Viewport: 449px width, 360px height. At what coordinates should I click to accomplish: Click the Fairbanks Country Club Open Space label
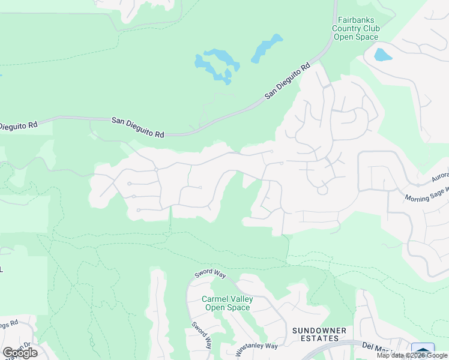(357, 28)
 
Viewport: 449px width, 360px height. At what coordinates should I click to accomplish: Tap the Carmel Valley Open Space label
(226, 303)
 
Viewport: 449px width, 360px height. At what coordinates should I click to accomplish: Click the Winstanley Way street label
(256, 346)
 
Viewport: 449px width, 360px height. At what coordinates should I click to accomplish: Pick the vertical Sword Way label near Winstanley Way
(202, 336)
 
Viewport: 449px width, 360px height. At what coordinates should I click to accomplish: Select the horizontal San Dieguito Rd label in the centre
(138, 128)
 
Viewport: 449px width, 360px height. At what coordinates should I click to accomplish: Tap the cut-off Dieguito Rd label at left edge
(18, 125)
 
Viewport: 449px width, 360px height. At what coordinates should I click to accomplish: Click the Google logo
(20, 353)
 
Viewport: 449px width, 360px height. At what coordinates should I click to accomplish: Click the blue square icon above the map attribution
(423, 350)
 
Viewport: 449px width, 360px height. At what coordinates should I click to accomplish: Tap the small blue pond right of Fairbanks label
(382, 55)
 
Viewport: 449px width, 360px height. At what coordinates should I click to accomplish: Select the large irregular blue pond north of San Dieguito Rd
(216, 65)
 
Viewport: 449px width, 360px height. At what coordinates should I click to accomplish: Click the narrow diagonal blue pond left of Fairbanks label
(267, 49)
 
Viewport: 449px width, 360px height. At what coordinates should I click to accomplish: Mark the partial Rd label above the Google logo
(9, 324)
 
